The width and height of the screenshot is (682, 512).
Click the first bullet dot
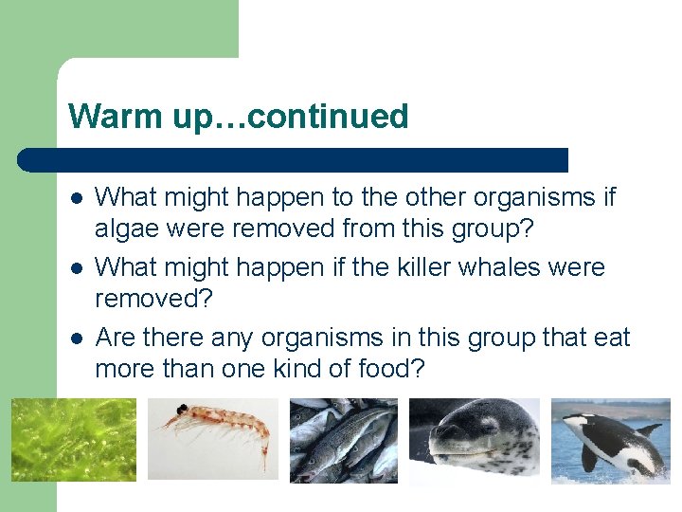click(x=76, y=199)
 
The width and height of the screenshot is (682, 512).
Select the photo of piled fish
click(x=344, y=440)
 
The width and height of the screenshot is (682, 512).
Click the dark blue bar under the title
click(x=294, y=159)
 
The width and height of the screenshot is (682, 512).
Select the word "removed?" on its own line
click(x=154, y=299)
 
